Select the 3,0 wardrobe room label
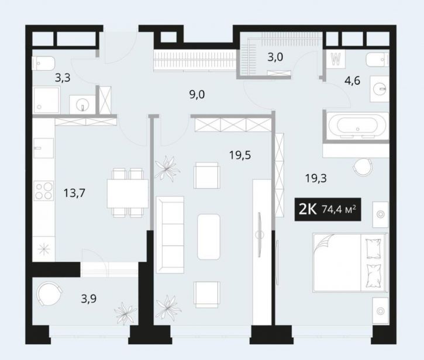[275, 57]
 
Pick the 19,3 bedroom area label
[315, 177]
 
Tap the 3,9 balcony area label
[88, 299]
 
